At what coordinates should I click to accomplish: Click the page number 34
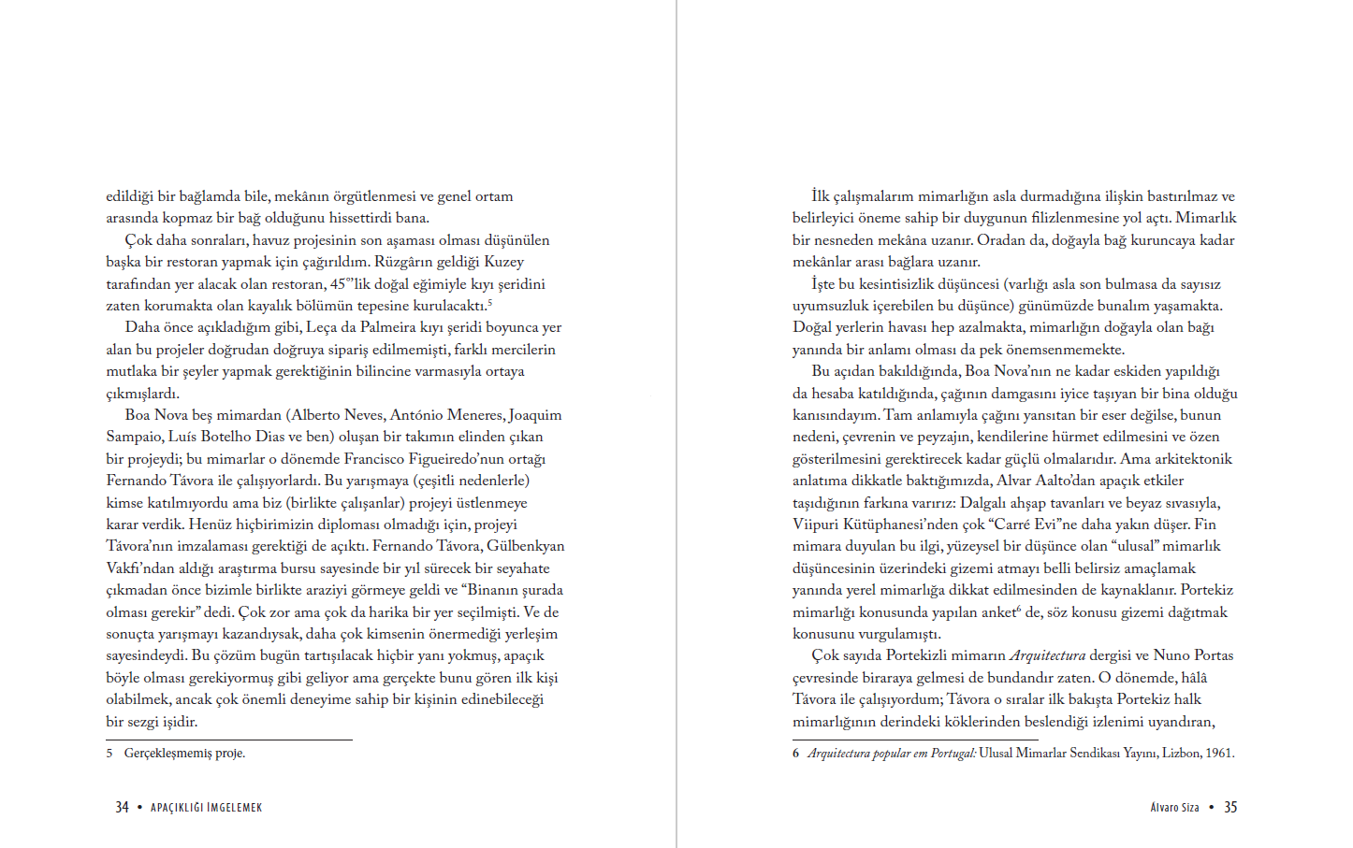pyautogui.click(x=122, y=807)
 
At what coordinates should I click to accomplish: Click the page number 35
pyautogui.click(x=1230, y=807)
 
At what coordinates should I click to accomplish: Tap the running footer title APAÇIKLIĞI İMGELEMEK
pyautogui.click(x=207, y=808)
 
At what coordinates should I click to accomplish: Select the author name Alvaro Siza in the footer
pyautogui.click(x=1174, y=808)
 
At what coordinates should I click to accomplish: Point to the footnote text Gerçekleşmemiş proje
pyautogui.click(x=184, y=754)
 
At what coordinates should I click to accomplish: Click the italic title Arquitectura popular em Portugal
pyautogui.click(x=892, y=754)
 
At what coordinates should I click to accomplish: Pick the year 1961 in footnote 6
pyautogui.click(x=1219, y=754)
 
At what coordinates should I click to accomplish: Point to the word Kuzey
pyautogui.click(x=503, y=262)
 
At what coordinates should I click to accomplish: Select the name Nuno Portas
pyautogui.click(x=1193, y=655)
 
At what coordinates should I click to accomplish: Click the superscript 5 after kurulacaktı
pyautogui.click(x=489, y=303)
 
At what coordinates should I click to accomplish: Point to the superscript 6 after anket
pyautogui.click(x=1018, y=609)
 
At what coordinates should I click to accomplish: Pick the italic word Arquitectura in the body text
pyautogui.click(x=1047, y=655)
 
